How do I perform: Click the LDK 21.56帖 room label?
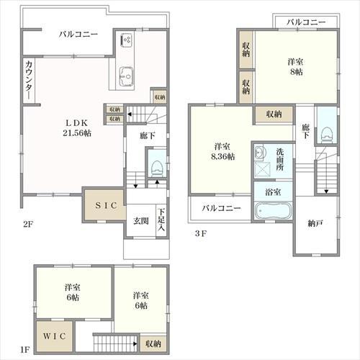pos(77,127)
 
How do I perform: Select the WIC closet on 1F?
pos(55,336)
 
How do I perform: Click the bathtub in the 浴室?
pos(273,210)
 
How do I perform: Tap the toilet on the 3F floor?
pos(326,135)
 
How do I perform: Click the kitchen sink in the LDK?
pos(127,76)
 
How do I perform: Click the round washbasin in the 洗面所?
pos(259,153)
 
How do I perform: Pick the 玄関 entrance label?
pos(141,220)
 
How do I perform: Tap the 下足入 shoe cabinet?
pos(161,220)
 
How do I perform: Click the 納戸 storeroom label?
pos(315,224)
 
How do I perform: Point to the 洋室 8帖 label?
pos(296,66)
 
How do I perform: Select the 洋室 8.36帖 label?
pos(222,151)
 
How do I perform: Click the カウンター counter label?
pos(29,80)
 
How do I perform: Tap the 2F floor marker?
pos(28,224)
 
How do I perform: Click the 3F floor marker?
pos(201,233)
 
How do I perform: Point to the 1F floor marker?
pos(24,349)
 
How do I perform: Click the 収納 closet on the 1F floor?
pos(153,343)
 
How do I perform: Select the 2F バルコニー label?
pos(78,34)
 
